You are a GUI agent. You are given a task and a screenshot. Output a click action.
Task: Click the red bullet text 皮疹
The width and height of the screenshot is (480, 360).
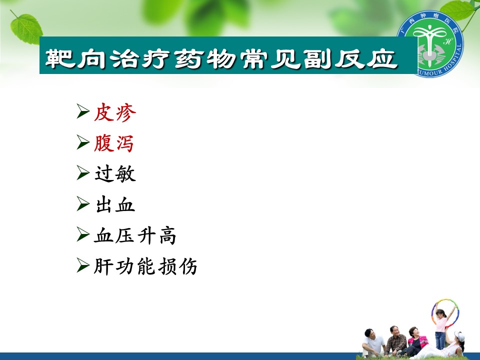[115, 112]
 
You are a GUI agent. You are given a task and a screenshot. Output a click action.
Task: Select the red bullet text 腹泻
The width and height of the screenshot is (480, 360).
[114, 143]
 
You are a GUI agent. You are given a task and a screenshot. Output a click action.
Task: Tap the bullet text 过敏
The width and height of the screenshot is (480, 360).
[115, 174]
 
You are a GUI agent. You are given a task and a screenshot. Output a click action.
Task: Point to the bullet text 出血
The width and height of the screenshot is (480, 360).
[115, 204]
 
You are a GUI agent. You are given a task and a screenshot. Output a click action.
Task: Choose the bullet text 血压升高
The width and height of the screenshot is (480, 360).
[135, 235]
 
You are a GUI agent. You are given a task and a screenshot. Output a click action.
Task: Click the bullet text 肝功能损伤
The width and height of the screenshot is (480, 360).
[145, 266]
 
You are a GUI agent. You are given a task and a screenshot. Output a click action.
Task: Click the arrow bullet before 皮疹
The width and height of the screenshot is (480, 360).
[82, 111]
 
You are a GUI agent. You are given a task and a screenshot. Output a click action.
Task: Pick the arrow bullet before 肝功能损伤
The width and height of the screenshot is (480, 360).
[82, 265]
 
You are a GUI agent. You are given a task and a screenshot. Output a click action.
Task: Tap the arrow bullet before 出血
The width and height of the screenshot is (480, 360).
[82, 203]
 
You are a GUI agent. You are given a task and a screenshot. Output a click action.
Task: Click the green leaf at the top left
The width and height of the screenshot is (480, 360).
[26, 28]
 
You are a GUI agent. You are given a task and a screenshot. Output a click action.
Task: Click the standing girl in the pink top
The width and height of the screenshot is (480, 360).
[441, 327]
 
